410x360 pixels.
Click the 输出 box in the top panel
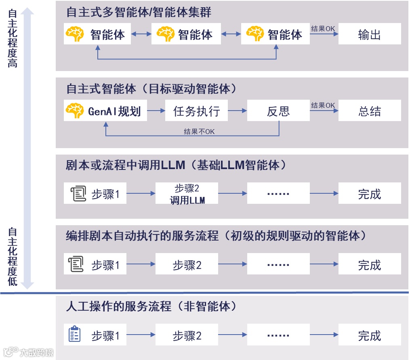point(369,34)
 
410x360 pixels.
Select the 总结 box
point(369,111)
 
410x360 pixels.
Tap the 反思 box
point(278,111)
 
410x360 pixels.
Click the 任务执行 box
point(196,111)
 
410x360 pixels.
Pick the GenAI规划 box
point(105,111)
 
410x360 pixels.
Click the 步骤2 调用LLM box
point(187,194)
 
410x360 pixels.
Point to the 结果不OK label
point(199,132)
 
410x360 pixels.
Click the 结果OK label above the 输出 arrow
point(323,29)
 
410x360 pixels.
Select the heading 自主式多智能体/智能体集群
point(139,13)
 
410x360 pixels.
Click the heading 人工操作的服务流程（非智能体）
point(151,306)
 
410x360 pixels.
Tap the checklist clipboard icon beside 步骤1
point(74,334)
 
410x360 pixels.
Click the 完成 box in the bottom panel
point(369,335)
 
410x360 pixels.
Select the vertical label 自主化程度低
point(13,257)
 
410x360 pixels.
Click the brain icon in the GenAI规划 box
point(75,111)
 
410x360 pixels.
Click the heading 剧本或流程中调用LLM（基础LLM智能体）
point(177,165)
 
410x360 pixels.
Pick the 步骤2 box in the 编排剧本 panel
point(187,265)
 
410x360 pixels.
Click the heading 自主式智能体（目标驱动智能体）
point(151,89)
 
